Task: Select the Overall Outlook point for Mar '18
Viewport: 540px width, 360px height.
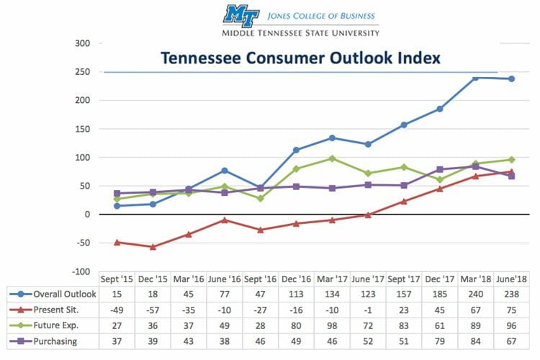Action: click(x=476, y=78)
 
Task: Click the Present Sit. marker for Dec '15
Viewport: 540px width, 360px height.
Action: click(x=153, y=247)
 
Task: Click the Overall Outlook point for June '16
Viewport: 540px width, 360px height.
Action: click(x=224, y=171)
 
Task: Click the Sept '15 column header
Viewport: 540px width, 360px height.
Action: click(x=117, y=279)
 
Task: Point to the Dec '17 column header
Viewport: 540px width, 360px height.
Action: click(x=439, y=279)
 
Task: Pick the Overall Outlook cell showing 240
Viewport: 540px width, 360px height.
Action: click(x=475, y=294)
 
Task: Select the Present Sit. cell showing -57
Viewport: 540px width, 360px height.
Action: click(x=152, y=308)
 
